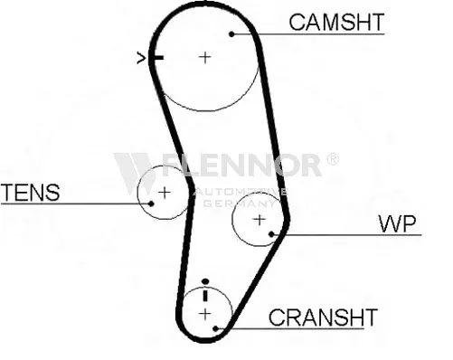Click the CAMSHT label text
pos(336,22)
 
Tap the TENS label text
pos(31,193)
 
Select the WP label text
pos(397,223)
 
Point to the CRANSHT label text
pos(323,317)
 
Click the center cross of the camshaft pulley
pos(205,57)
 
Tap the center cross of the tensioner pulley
pos(165,193)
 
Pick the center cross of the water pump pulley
pos(259,220)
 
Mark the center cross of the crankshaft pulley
pos(205,314)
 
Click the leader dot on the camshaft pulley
pos(231,34)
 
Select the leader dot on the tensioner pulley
pos(151,204)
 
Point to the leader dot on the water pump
pos(271,233)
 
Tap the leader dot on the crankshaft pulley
pos(215,328)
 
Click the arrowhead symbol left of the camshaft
pos(141,58)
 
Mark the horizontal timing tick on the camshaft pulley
pos(157,58)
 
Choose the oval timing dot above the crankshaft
pos(205,281)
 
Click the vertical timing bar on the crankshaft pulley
pos(205,295)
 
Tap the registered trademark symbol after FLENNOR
pos(333,159)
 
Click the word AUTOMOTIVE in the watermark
pos(241,192)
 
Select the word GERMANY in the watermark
pos(239,204)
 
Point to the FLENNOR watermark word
pos(242,165)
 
